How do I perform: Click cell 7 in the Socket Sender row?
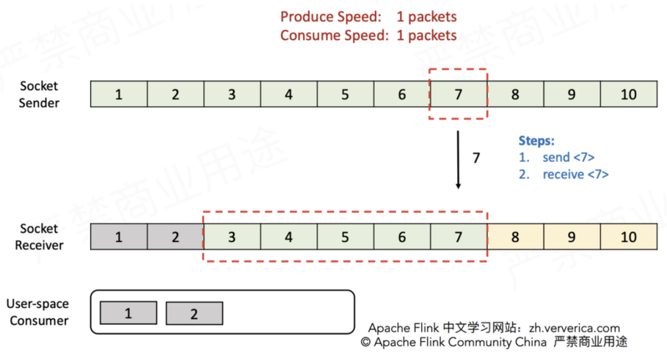click(458, 94)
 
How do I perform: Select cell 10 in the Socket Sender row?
click(628, 94)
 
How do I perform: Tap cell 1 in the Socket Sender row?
click(119, 94)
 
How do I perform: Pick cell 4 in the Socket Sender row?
click(288, 94)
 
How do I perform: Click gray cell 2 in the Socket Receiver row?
click(175, 237)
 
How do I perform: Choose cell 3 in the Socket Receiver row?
click(232, 237)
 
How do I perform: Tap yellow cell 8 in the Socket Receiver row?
click(514, 237)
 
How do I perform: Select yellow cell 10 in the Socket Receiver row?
click(628, 237)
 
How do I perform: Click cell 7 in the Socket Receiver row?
click(458, 237)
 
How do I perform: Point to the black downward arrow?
click(458, 159)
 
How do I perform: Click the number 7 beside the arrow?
click(476, 158)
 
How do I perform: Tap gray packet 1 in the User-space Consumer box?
click(128, 313)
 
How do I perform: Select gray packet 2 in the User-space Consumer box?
click(194, 314)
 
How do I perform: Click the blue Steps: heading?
click(537, 140)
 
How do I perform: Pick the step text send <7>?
click(568, 157)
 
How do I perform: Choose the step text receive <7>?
click(576, 175)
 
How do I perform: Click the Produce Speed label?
click(330, 17)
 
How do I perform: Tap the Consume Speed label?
click(334, 35)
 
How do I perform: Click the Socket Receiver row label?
click(40, 237)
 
